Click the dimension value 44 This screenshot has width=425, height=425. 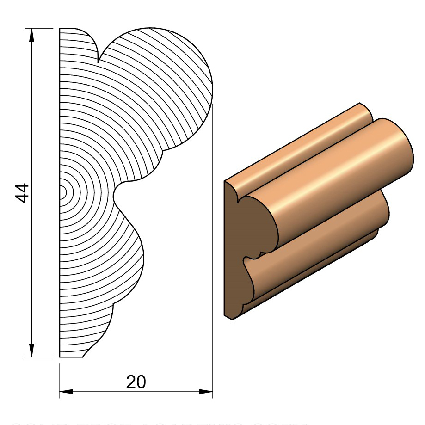pyautogui.click(x=22, y=193)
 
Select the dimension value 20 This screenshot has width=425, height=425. pyautogui.click(x=136, y=382)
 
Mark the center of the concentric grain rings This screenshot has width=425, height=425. pyautogui.click(x=62, y=192)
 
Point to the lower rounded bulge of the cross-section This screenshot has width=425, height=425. pyautogui.click(x=125, y=259)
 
